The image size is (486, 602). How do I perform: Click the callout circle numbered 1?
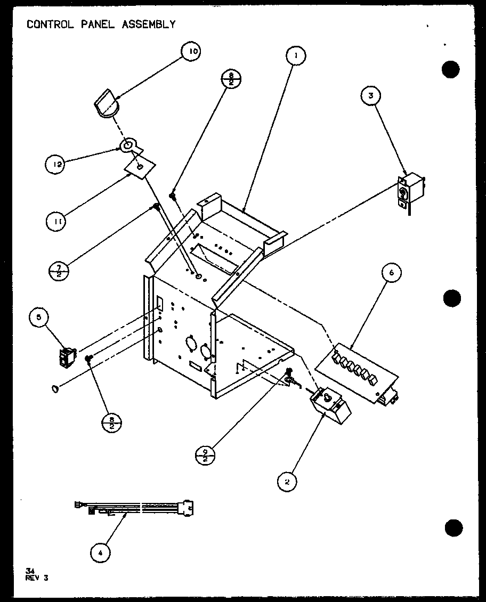click(296, 55)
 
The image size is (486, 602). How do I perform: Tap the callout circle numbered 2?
click(288, 482)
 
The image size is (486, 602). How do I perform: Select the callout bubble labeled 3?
click(371, 96)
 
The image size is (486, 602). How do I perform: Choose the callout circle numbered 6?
click(392, 273)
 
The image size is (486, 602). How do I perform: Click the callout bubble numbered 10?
click(192, 52)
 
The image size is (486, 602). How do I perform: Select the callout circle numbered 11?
click(56, 221)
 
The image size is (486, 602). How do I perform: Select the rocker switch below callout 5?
click(68, 357)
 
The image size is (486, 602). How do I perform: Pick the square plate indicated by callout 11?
click(140, 167)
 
